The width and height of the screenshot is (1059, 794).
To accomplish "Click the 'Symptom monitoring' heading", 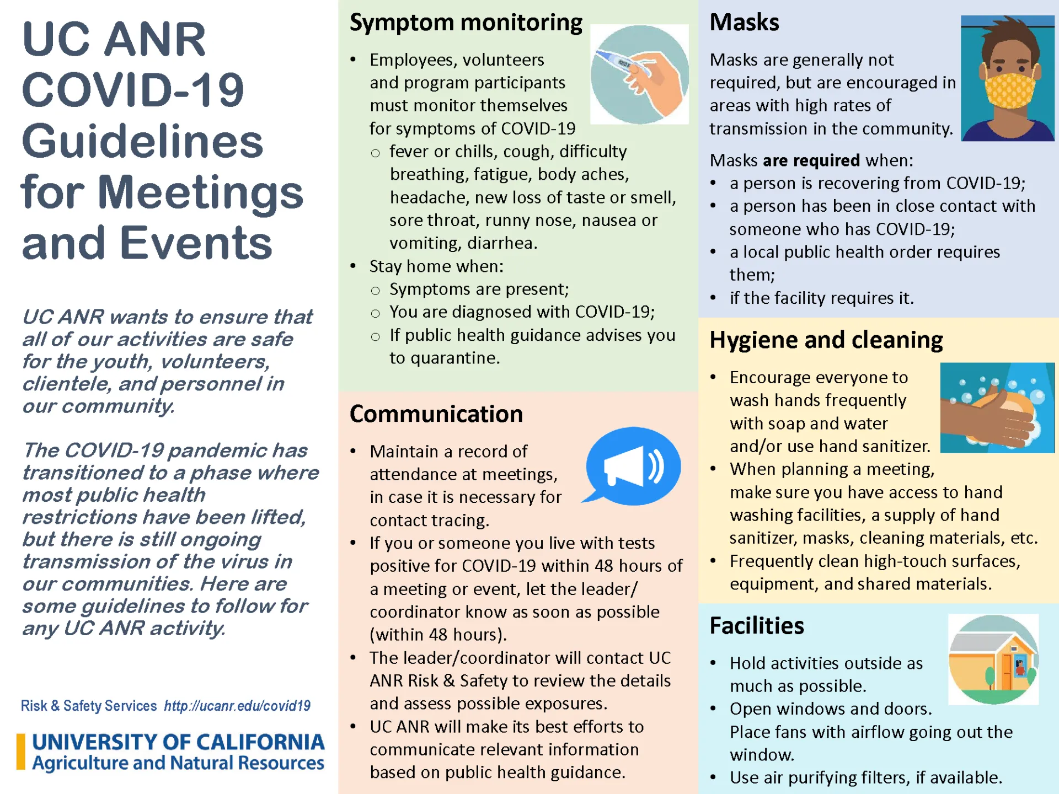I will pyautogui.click(x=466, y=23).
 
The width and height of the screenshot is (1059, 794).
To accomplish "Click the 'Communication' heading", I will pyautogui.click(x=436, y=414).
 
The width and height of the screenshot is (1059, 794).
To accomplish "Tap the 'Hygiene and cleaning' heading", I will pyautogui.click(x=826, y=340).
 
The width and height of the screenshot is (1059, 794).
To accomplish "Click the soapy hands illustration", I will pyautogui.click(x=996, y=408).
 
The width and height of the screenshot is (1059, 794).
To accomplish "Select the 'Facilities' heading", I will pyautogui.click(x=756, y=626).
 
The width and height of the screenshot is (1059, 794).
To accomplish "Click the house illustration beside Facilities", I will pyautogui.click(x=993, y=659).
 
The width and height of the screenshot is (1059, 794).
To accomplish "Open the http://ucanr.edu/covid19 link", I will pyautogui.click(x=237, y=706).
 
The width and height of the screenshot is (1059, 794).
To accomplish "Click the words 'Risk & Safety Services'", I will pyautogui.click(x=89, y=706).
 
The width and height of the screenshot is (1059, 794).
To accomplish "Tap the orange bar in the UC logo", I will pyautogui.click(x=21, y=751).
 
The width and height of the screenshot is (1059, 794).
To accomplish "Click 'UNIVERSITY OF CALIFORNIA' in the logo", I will pyautogui.click(x=178, y=742).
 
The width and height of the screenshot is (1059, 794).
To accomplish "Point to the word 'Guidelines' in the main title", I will pyautogui.click(x=142, y=142).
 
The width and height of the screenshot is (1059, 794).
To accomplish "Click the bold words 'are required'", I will pyautogui.click(x=811, y=160).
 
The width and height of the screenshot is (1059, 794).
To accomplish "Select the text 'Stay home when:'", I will pyautogui.click(x=436, y=266).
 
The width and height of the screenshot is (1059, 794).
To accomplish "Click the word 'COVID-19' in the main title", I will pyautogui.click(x=133, y=90).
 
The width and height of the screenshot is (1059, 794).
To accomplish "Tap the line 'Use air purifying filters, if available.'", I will pyautogui.click(x=865, y=777).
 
